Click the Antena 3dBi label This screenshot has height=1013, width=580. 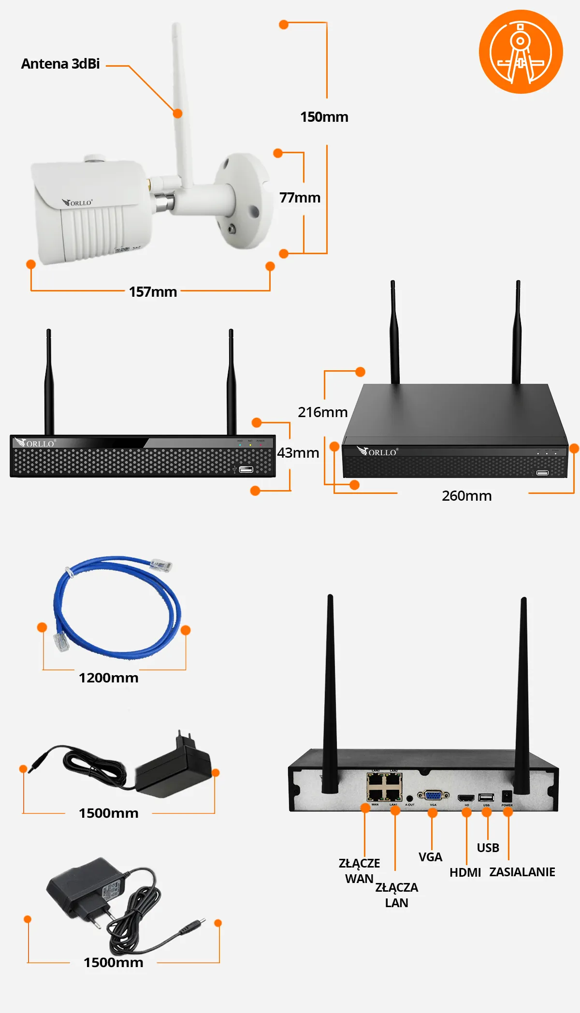tap(60, 64)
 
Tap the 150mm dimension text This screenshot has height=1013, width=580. tap(324, 117)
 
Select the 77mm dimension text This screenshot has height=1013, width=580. tap(300, 198)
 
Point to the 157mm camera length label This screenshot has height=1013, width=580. tap(153, 292)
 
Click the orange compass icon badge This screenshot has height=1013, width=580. tap(521, 52)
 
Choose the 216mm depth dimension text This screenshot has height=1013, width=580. tap(322, 412)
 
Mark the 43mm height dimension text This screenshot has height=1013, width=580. tap(298, 453)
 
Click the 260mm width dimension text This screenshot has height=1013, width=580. tap(466, 496)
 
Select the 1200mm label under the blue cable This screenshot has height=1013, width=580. tap(108, 678)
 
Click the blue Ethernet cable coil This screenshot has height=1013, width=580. tap(116, 609)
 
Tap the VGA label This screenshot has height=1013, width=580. tap(430, 857)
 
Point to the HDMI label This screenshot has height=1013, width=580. tap(465, 872)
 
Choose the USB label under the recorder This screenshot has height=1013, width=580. tap(488, 848)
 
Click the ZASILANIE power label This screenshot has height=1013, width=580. tap(522, 872)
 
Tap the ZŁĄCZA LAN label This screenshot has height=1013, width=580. tap(396, 895)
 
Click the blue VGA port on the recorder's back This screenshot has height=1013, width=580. tap(433, 795)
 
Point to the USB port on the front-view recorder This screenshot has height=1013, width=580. tap(246, 469)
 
